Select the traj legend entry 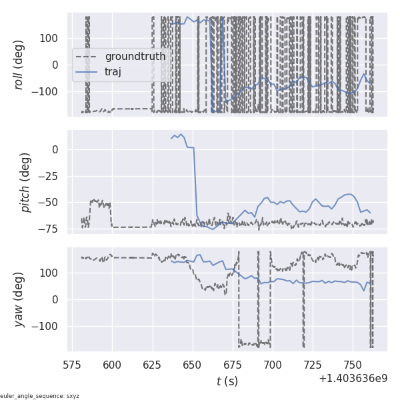pos(113,71)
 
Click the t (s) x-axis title pos(227,381)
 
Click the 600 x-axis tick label pos(112,365)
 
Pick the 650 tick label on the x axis pos(193,365)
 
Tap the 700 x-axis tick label pos(273,365)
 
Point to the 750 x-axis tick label pos(353,365)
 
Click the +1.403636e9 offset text pos(353,379)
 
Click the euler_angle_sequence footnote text pos(40,396)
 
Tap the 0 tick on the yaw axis pos(58,299)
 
